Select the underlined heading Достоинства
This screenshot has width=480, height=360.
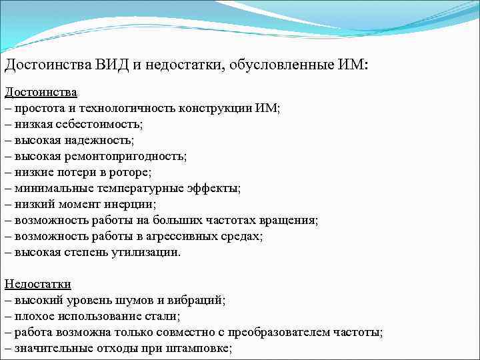(x=41, y=92)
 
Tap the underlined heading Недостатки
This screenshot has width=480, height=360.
(x=37, y=284)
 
